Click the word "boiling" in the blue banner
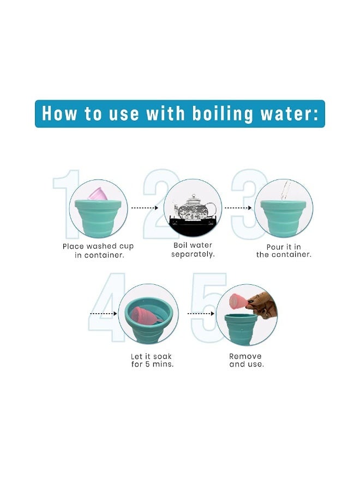tap(222, 113)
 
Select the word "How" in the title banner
tap(59, 113)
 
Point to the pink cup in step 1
tap(98, 194)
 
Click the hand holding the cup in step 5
tap(262, 304)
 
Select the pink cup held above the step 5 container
tap(238, 301)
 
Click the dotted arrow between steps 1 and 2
tap(145, 208)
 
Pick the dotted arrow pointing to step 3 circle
tap(238, 208)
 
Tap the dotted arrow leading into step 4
tap(103, 313)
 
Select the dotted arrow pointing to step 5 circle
tap(201, 313)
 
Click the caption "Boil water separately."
tap(193, 249)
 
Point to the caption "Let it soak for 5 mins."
tap(152, 360)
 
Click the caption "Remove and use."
tap(247, 360)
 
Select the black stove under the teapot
tap(192, 225)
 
